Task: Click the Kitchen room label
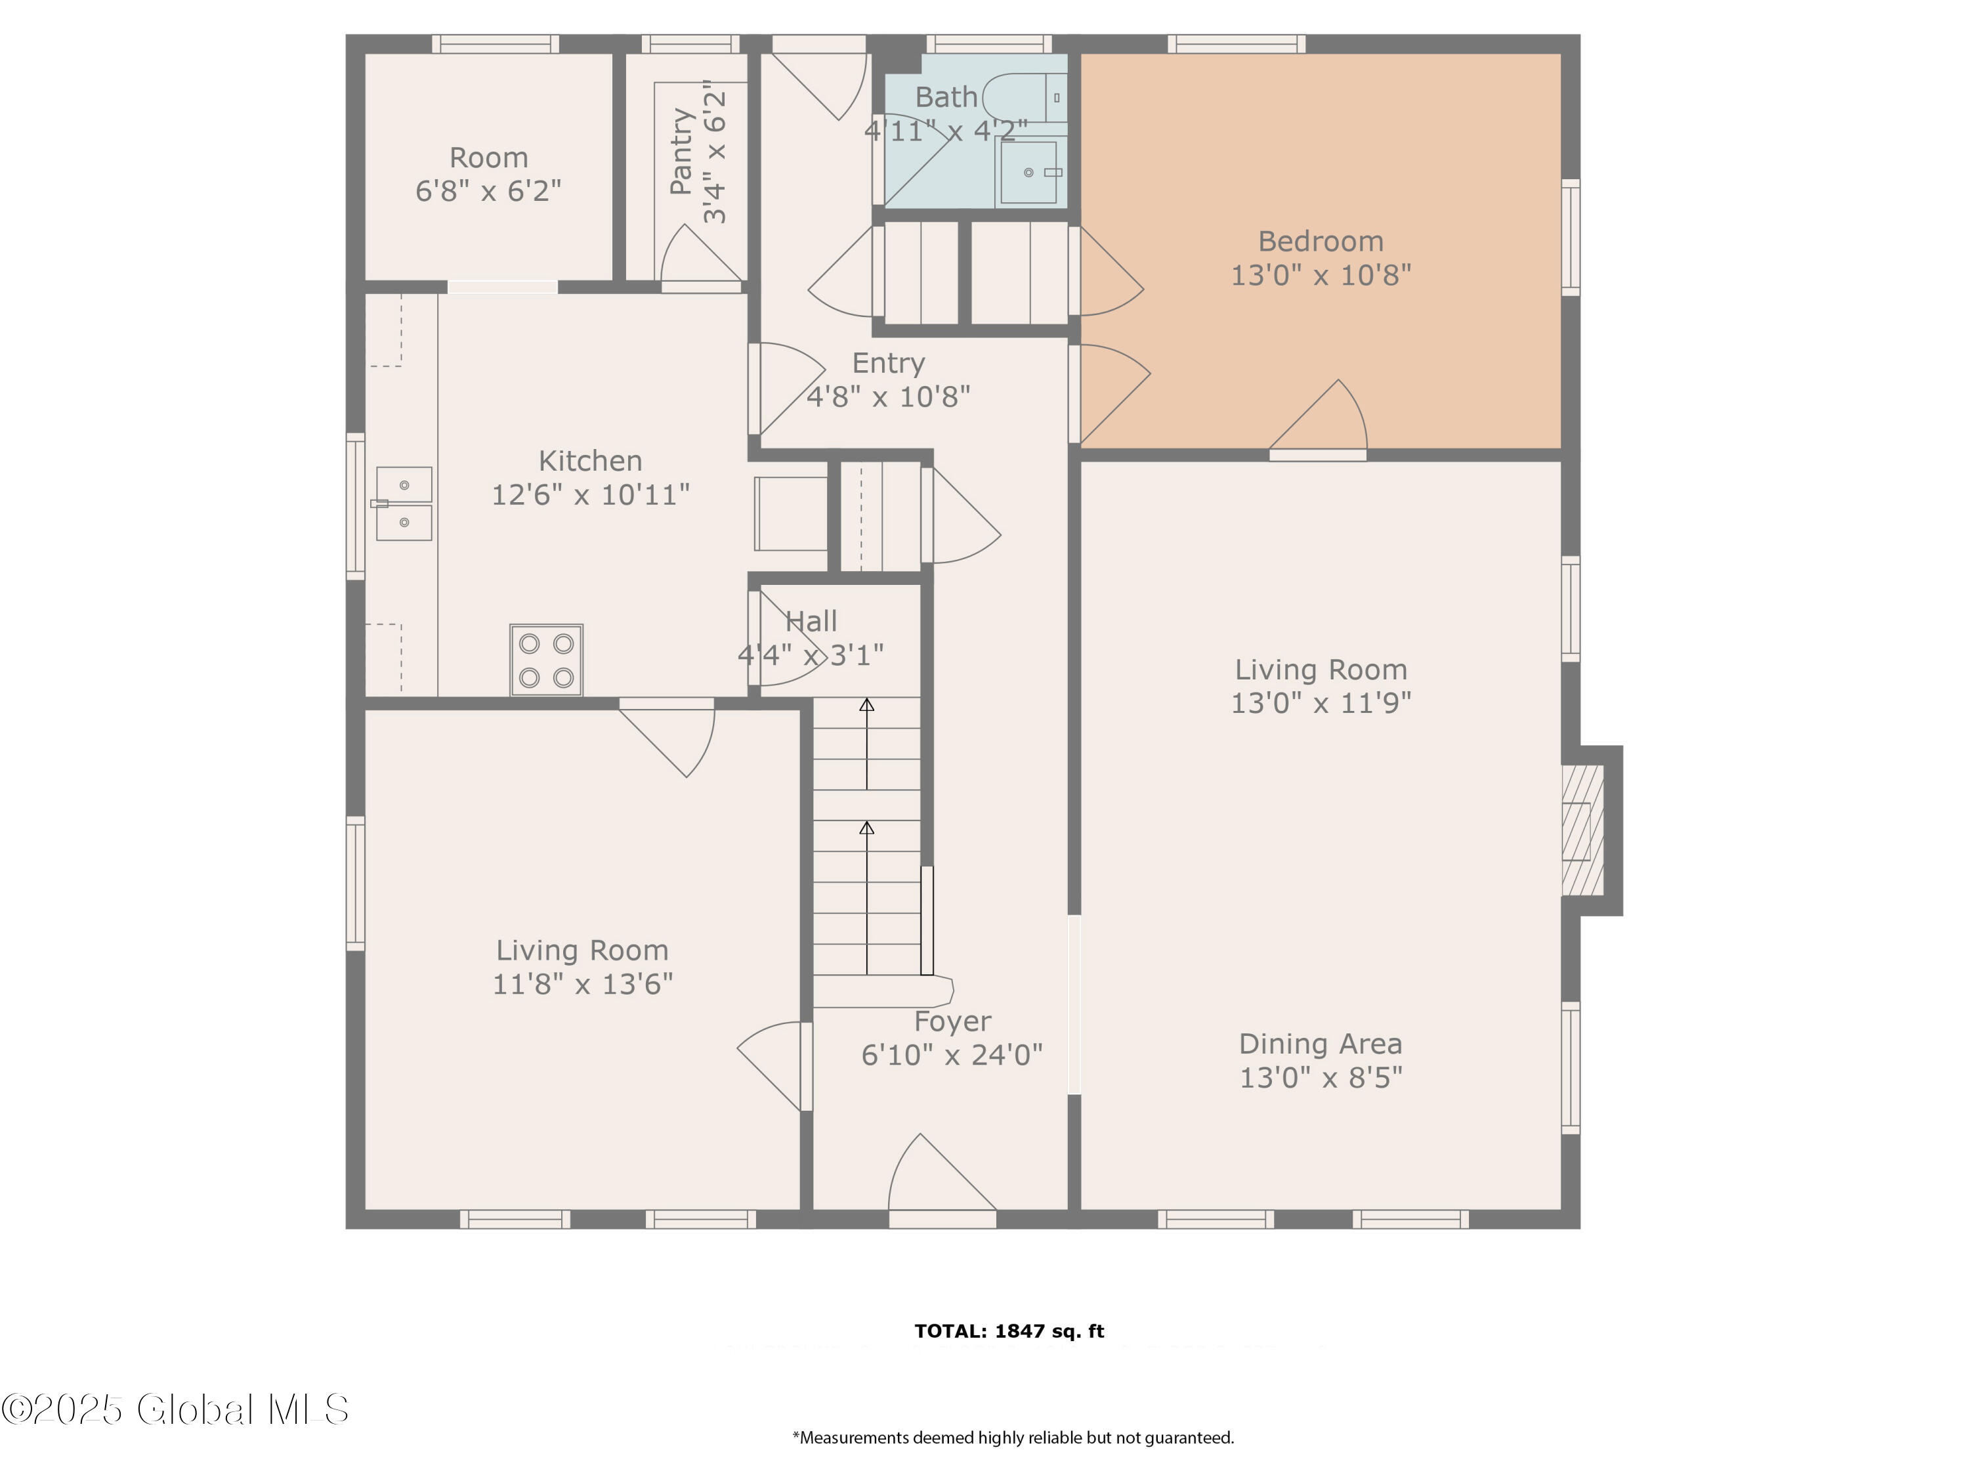[x=590, y=461]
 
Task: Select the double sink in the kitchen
[x=403, y=504]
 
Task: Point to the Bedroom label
[x=1320, y=242]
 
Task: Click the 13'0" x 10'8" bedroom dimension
[x=1320, y=275]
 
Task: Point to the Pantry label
[x=681, y=152]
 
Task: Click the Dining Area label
[x=1320, y=1044]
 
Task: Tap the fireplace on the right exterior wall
[x=1591, y=830]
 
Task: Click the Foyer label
[x=952, y=1021]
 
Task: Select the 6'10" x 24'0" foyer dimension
[x=952, y=1055]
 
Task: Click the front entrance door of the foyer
[x=942, y=1180]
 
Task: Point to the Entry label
[x=889, y=363]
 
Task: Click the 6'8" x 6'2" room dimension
[x=489, y=190]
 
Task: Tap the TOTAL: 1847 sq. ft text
[x=1009, y=1331]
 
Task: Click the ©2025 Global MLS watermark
[x=175, y=1409]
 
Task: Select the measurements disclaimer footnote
[x=1013, y=1438]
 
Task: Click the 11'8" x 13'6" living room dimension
[x=583, y=984]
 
